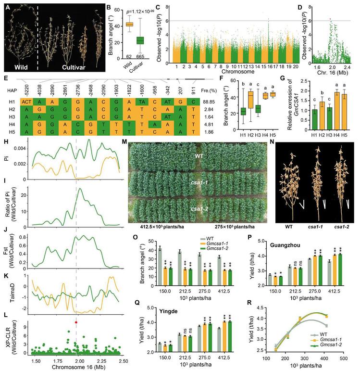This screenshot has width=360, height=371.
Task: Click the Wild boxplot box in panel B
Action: pyautogui.click(x=130, y=24)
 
